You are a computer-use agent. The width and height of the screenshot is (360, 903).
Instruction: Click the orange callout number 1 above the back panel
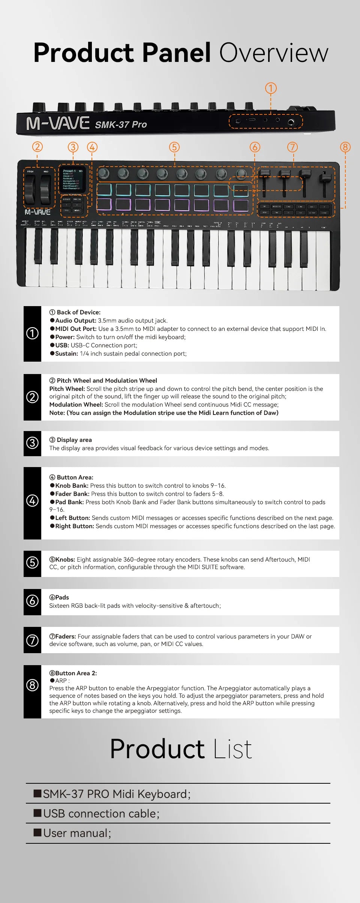pyautogui.click(x=271, y=89)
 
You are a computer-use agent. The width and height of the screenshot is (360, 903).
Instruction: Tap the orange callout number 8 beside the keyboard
pyautogui.click(x=345, y=147)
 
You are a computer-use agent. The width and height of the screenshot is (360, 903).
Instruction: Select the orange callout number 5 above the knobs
pyautogui.click(x=174, y=147)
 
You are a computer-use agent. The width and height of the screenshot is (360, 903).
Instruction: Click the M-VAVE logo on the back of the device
pyautogui.click(x=58, y=123)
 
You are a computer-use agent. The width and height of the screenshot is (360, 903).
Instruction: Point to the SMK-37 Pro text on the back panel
pyautogui.click(x=121, y=125)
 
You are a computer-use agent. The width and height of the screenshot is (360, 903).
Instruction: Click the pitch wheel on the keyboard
pyautogui.click(x=30, y=189)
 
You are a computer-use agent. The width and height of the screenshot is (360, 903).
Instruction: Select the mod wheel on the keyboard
pyautogui.click(x=45, y=189)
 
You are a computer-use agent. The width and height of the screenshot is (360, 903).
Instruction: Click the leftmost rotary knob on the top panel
pyautogui.click(x=104, y=173)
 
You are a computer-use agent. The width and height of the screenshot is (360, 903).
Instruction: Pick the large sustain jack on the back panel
pyautogui.click(x=291, y=122)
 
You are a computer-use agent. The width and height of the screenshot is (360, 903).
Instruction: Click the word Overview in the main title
pyautogui.click(x=274, y=53)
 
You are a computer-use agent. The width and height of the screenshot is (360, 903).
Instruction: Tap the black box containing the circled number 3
pyautogui.click(x=32, y=443)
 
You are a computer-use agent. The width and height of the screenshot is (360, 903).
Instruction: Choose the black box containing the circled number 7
pyautogui.click(x=32, y=640)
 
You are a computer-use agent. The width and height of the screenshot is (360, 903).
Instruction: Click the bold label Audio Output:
pyautogui.click(x=76, y=320)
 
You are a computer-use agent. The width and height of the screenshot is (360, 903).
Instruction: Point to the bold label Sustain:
pyautogui.click(x=66, y=353)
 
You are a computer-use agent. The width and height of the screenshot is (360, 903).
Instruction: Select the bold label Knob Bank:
pyautogui.click(x=72, y=485)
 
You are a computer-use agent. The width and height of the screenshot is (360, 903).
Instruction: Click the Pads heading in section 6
pyautogui.click(x=62, y=597)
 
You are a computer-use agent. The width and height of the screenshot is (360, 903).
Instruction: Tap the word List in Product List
pyautogui.click(x=232, y=749)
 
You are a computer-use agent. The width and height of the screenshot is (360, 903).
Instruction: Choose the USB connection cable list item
pyautogui.click(x=101, y=813)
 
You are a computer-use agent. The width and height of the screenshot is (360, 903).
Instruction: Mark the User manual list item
pyautogui.click(x=77, y=833)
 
